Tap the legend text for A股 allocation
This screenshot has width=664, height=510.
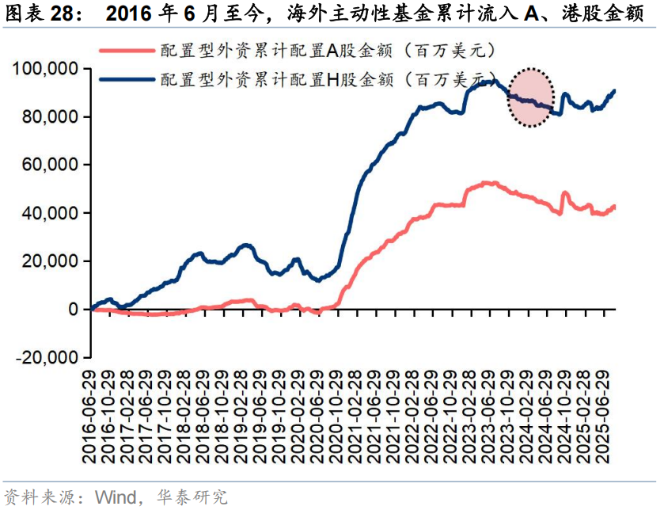[x=328, y=51]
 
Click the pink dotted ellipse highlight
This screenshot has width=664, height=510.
[x=529, y=97]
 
